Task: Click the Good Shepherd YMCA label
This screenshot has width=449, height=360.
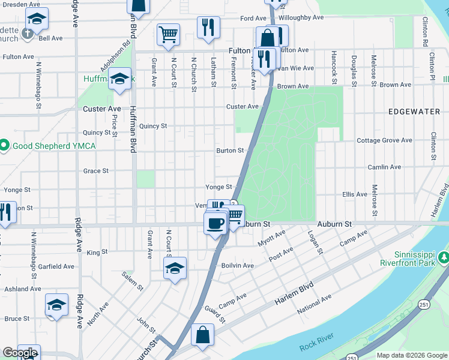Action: coord(40,145)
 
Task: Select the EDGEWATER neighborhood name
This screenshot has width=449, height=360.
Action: coord(414,112)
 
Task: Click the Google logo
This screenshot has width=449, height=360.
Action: coord(19,353)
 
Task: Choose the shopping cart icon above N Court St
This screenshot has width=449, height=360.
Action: coord(168,34)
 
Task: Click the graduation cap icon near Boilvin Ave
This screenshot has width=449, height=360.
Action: coord(175,268)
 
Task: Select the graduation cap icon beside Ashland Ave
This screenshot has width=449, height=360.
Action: coord(56,306)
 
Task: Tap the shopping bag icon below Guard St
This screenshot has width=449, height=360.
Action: coord(203,335)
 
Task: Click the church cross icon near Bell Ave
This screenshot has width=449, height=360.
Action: coord(28,34)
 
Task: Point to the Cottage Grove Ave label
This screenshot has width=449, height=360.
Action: coord(384,140)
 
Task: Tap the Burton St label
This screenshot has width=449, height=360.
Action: coord(230,151)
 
